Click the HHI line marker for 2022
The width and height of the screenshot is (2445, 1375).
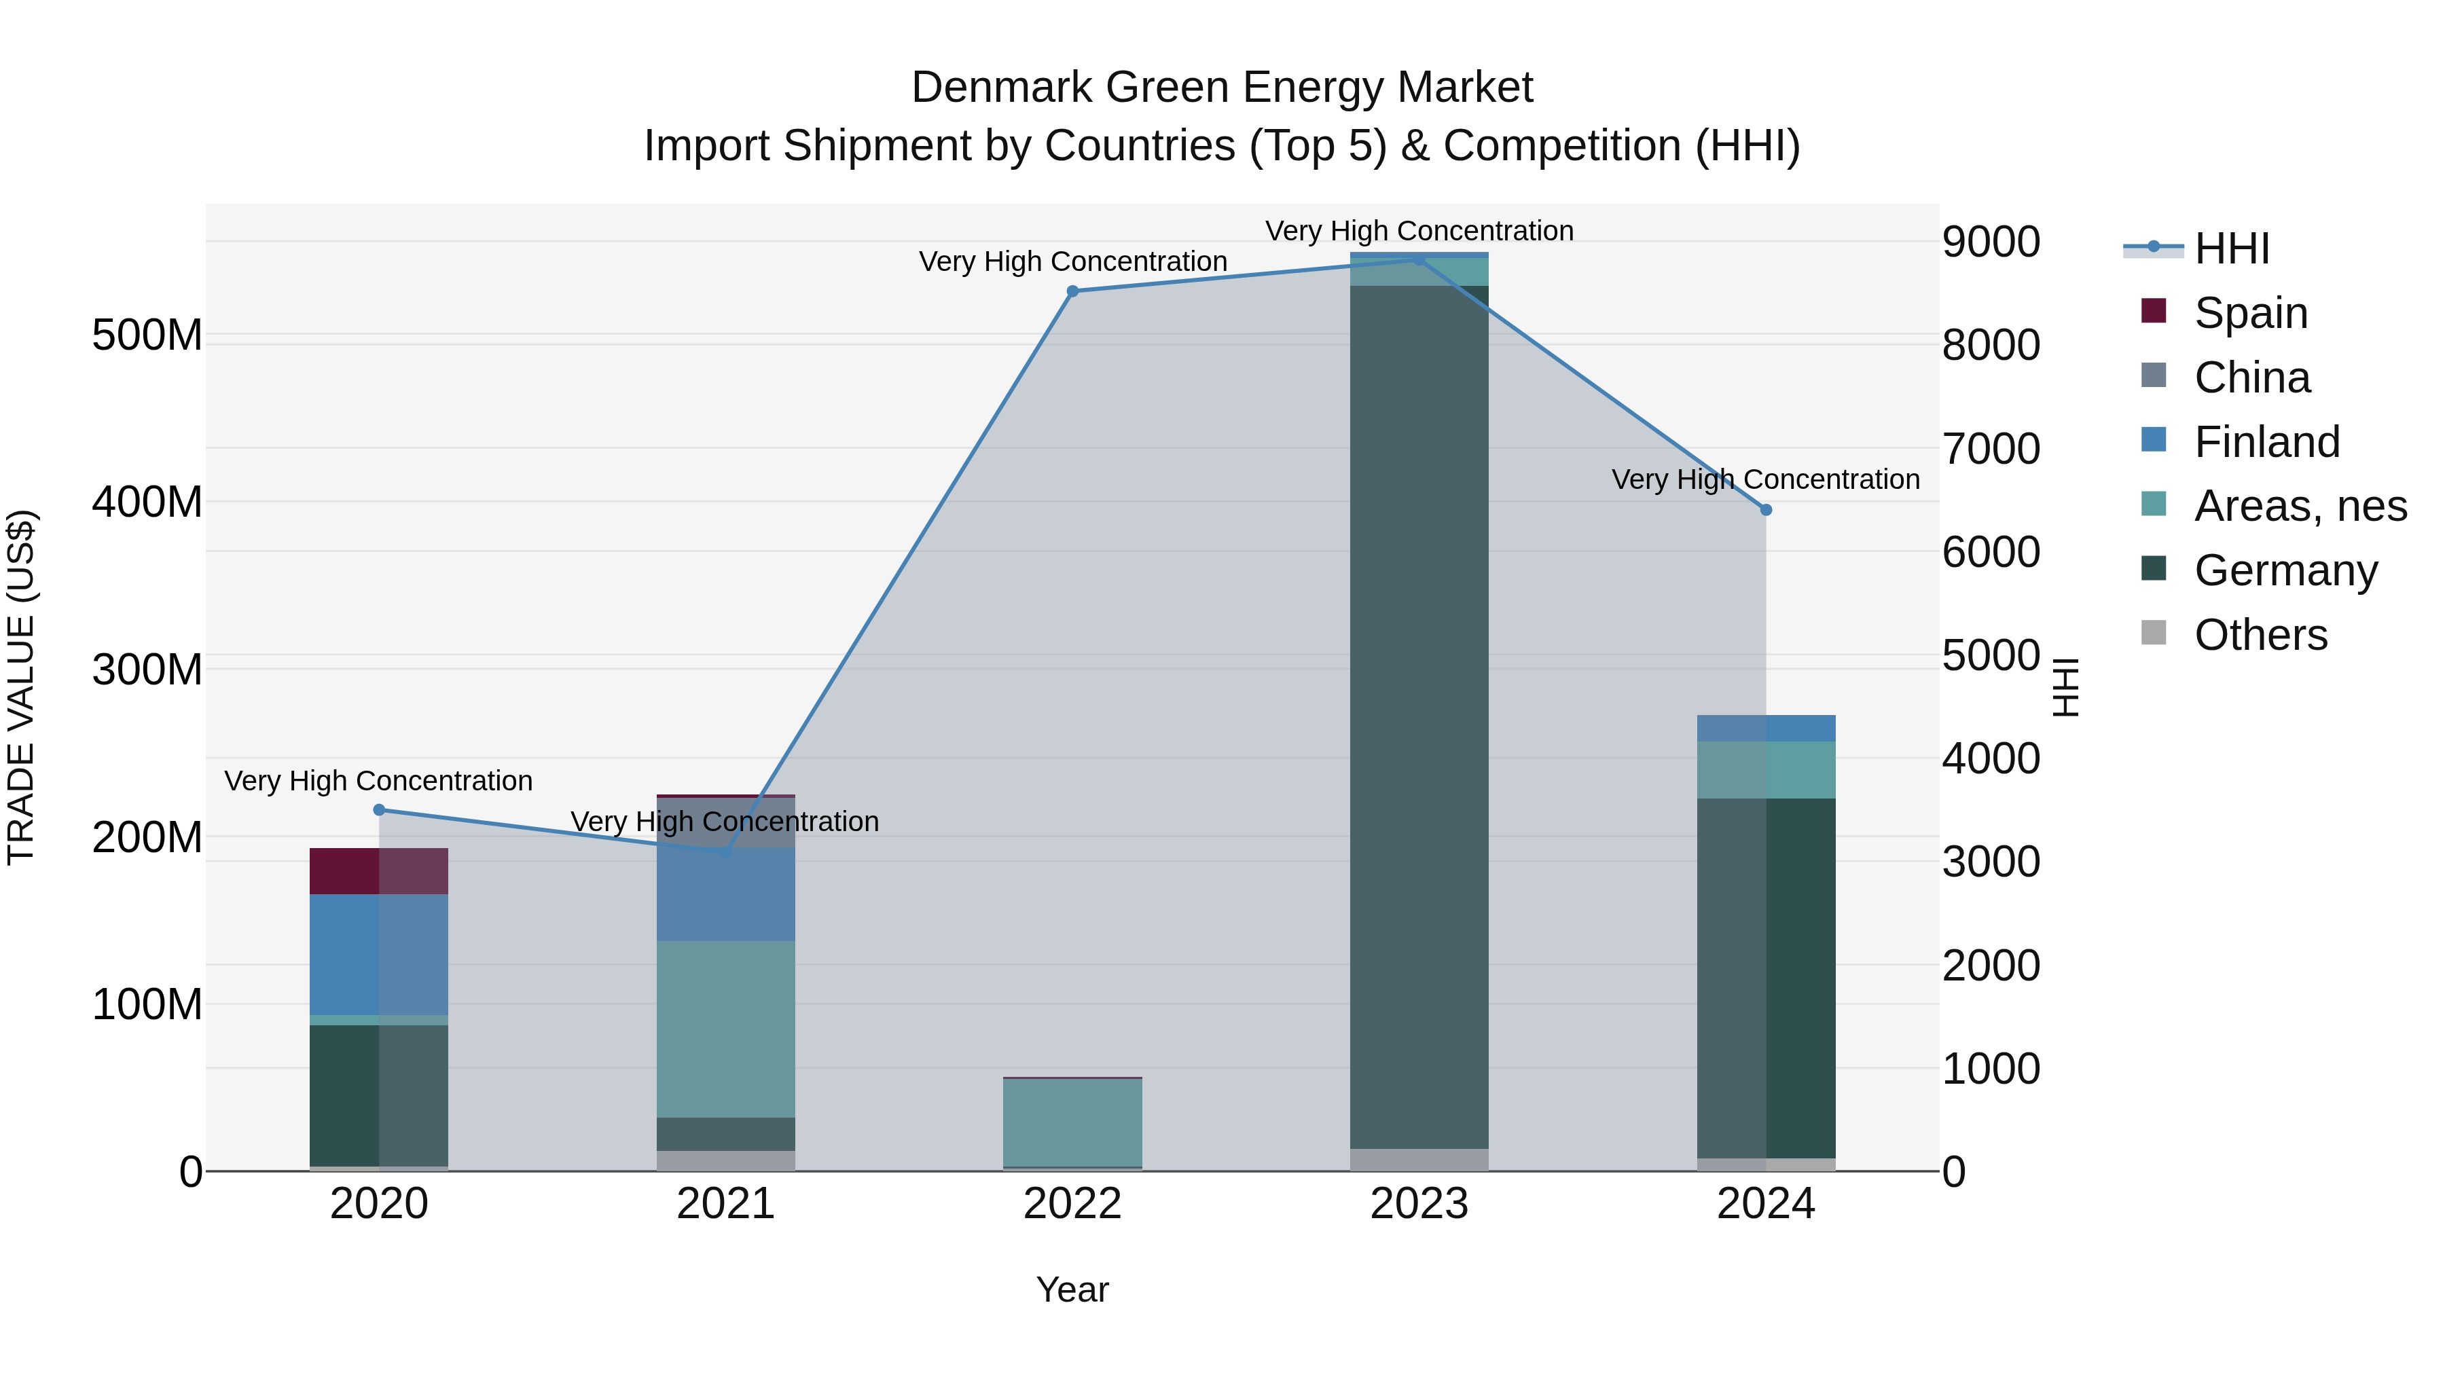pyautogui.click(x=1072, y=291)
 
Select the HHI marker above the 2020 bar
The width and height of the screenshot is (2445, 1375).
pyautogui.click(x=379, y=809)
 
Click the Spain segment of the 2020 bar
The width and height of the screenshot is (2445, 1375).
pyautogui.click(x=379, y=871)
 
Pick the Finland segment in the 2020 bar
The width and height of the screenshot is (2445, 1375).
pyautogui.click(x=379, y=954)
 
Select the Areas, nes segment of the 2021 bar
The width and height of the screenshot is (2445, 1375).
pyautogui.click(x=726, y=1029)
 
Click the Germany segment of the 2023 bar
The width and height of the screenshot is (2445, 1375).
pyautogui.click(x=1419, y=716)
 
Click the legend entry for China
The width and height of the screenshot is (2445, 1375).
pyautogui.click(x=2251, y=378)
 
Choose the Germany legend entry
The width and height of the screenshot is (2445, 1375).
pyautogui.click(x=2285, y=570)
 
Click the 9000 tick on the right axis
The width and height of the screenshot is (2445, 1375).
pyautogui.click(x=1991, y=242)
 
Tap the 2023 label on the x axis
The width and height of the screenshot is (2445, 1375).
pyautogui.click(x=1419, y=1204)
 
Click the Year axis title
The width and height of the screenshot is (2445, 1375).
pyautogui.click(x=1072, y=1289)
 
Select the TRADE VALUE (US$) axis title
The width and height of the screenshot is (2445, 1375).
pyautogui.click(x=21, y=687)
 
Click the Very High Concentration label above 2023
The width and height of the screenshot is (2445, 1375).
pyautogui.click(x=1419, y=231)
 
